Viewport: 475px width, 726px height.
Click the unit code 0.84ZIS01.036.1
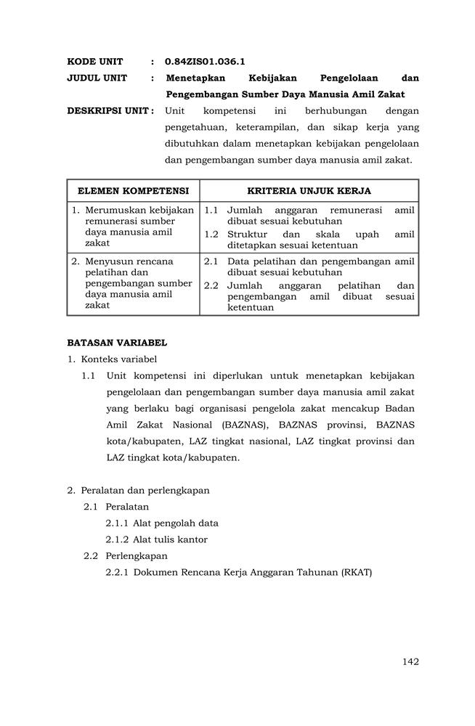point(204,62)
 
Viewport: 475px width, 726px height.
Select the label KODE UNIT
point(95,62)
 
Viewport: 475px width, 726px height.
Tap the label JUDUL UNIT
point(97,78)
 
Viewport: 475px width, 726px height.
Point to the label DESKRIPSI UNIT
point(110,111)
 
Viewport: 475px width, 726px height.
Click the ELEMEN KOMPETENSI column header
point(133,191)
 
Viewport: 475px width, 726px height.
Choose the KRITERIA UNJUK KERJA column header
point(309,191)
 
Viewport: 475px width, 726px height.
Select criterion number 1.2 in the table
point(211,234)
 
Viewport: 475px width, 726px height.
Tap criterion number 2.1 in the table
point(211,261)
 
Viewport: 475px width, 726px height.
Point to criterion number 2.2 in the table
point(211,285)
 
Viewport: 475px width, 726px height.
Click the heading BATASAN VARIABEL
point(117,342)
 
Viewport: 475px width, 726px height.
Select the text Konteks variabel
point(118,359)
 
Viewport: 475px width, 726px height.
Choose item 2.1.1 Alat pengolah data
point(161,523)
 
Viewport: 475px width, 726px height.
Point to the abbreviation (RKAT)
point(355,572)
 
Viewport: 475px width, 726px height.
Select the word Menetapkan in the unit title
point(196,78)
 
